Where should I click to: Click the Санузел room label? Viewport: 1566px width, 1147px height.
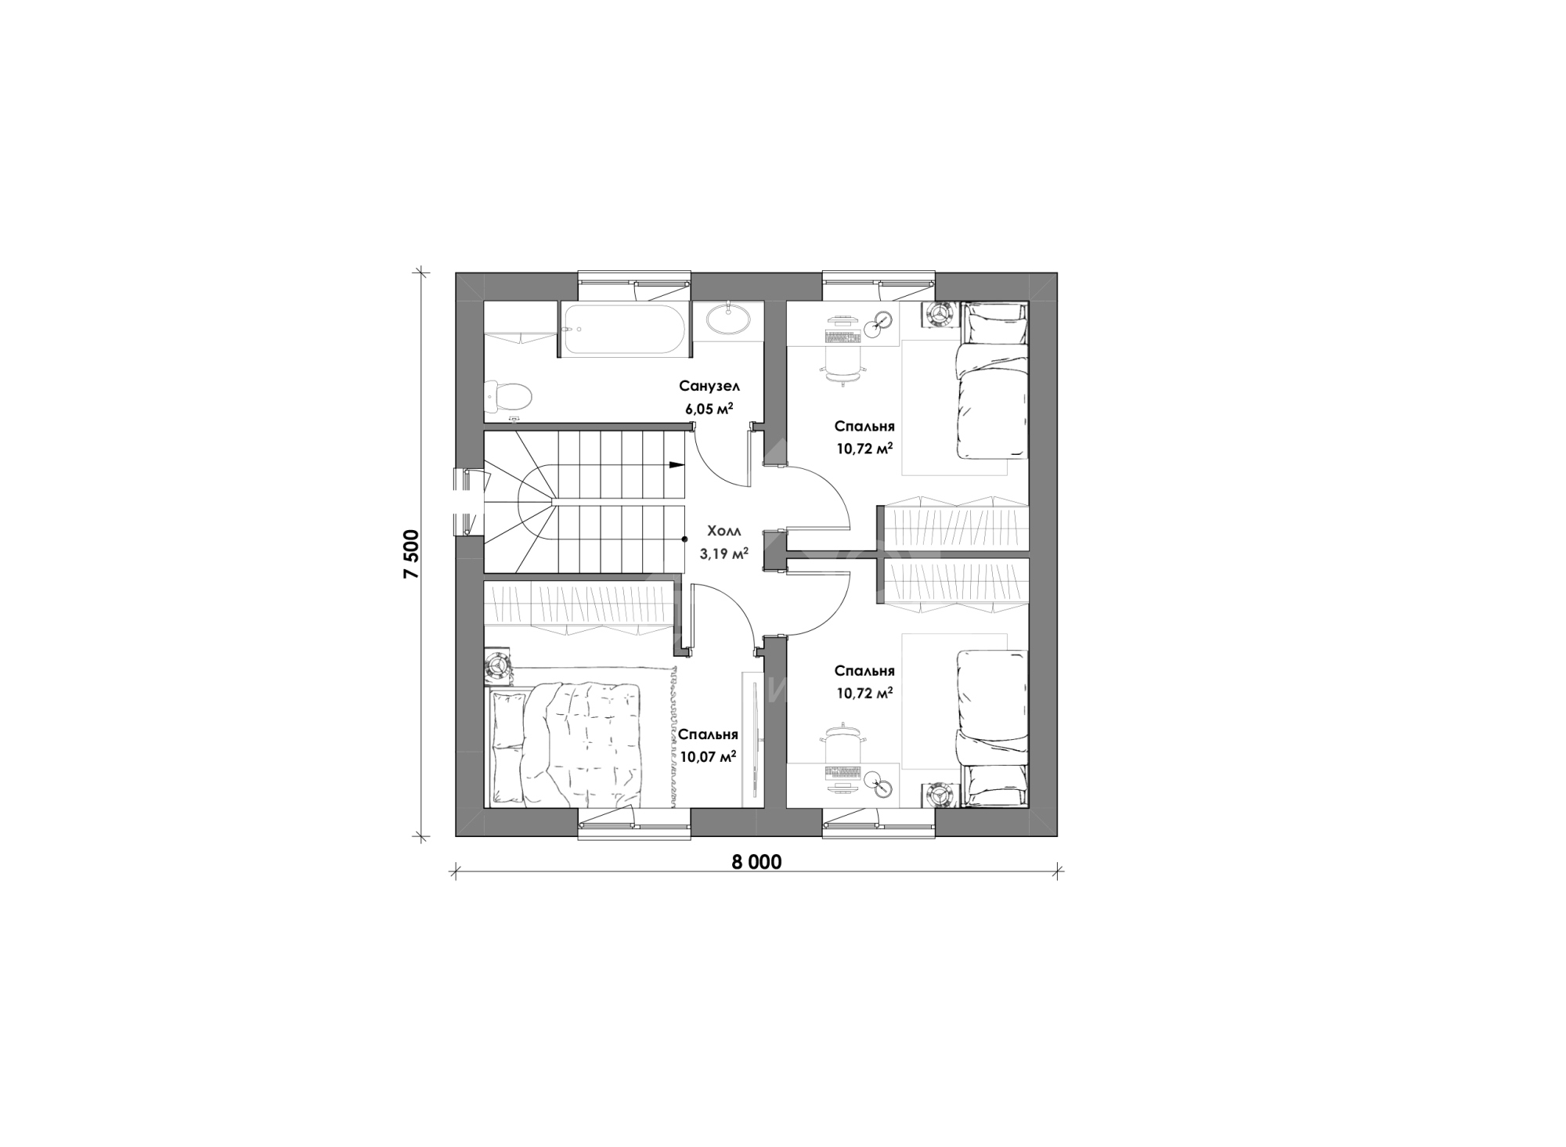pos(709,386)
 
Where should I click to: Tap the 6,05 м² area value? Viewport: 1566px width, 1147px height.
pos(709,407)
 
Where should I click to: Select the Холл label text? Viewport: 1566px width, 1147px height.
pos(723,529)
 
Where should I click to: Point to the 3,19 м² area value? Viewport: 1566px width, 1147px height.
pos(723,553)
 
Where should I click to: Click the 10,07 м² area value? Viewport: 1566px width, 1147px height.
pos(709,756)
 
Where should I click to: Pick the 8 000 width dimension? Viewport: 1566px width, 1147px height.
pos(756,862)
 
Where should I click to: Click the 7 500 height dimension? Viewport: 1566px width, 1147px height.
pos(413,554)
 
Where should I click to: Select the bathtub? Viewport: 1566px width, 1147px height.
pos(624,330)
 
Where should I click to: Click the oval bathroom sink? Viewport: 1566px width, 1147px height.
pos(728,319)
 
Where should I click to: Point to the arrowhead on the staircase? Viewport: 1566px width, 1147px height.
pos(674,465)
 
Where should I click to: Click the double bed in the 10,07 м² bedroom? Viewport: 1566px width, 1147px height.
pos(565,744)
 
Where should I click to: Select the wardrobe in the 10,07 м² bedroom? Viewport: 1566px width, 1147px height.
pos(578,608)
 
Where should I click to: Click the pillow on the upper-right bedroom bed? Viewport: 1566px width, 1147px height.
pos(996,323)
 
